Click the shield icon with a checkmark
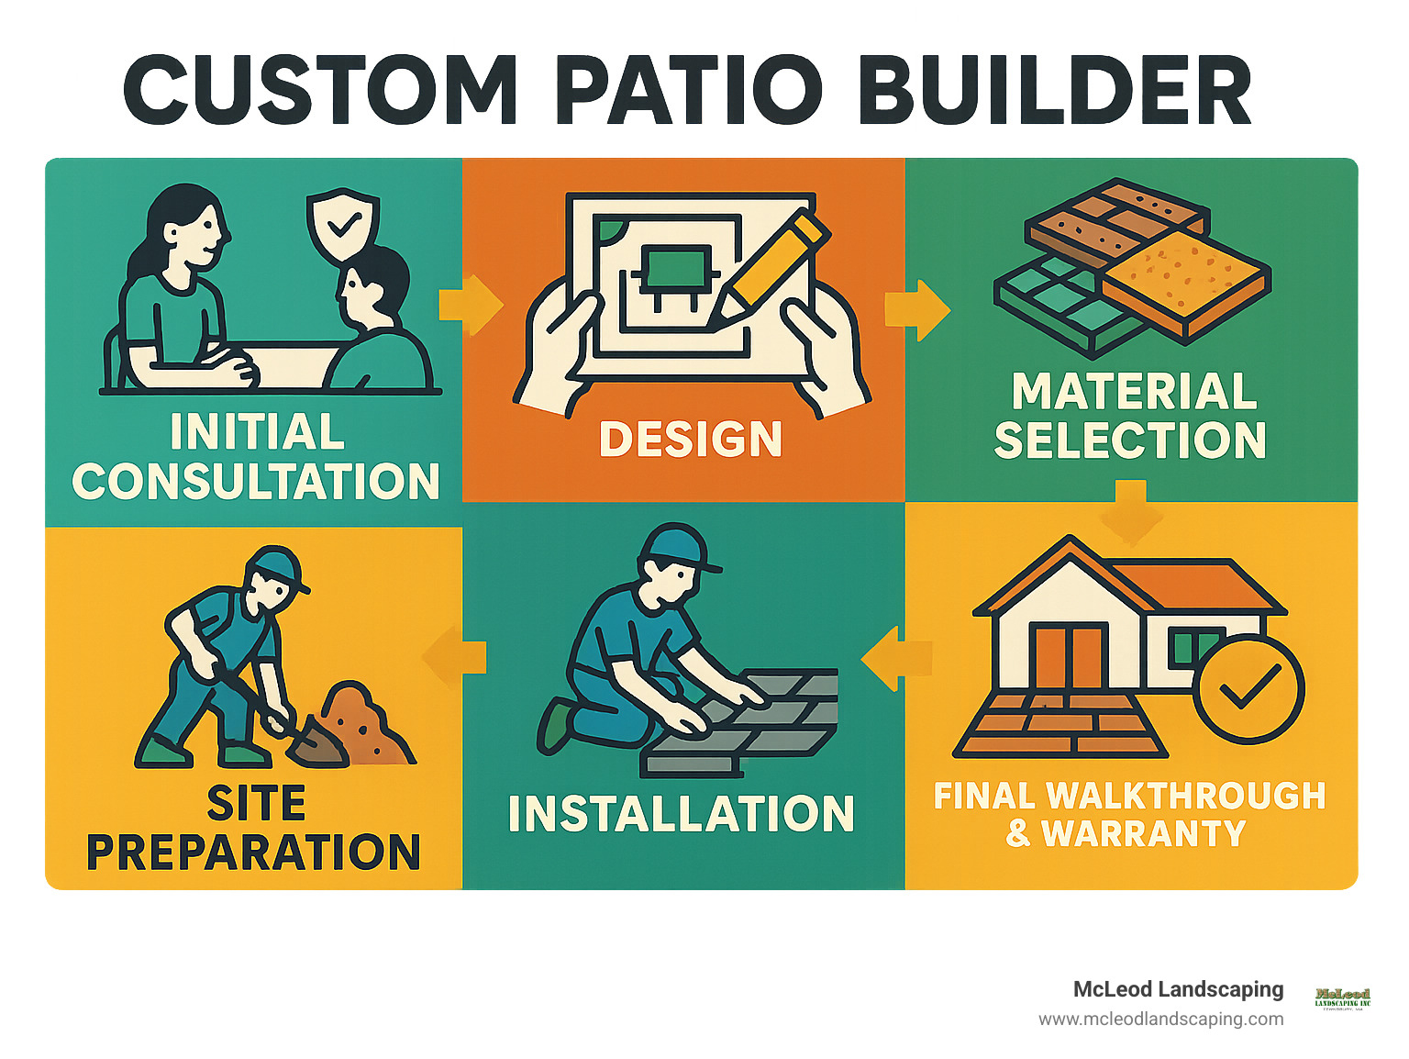tap(341, 224)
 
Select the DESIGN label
tap(690, 439)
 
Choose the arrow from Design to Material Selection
tap(916, 309)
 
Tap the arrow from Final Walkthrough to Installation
tap(894, 658)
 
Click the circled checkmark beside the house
tap(1248, 688)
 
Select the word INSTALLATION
tap(681, 814)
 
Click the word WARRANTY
tap(1143, 833)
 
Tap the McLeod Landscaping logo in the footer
tap(1342, 998)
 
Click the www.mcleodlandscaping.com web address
tap(1160, 1019)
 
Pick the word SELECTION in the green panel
tap(1130, 440)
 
